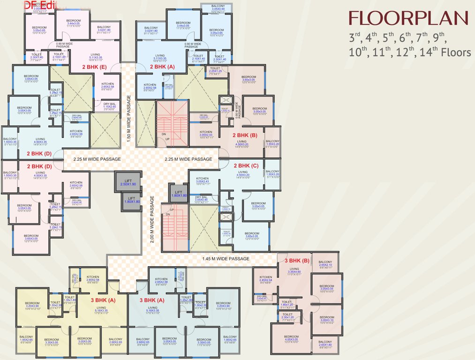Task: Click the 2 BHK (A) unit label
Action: coord(162,67)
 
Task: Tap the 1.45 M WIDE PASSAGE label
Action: coord(226,258)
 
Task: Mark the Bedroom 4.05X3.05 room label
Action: coord(291,339)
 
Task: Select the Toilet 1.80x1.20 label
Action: coord(286,305)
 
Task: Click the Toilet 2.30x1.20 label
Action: coord(287,317)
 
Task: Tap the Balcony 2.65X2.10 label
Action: coord(325,264)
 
